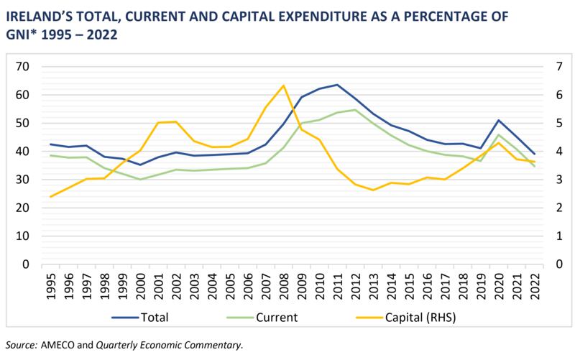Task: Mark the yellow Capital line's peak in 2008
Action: (283, 86)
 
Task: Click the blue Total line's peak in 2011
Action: (337, 85)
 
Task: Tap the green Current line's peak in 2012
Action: (355, 110)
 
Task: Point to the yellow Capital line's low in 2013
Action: (373, 190)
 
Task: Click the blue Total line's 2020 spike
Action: (499, 120)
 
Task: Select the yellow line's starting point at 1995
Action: (50, 196)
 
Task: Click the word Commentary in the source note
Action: (215, 345)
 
